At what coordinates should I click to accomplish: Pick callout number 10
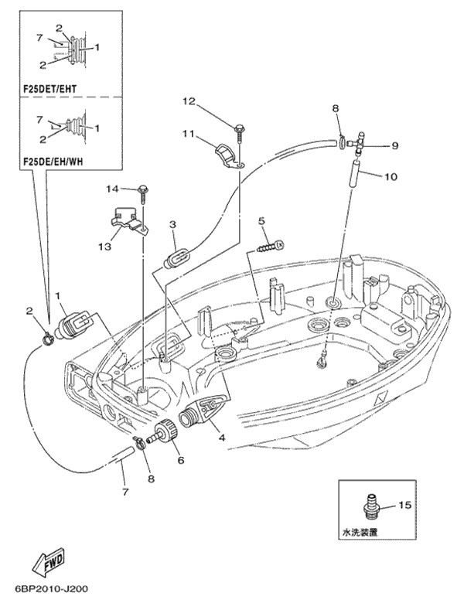[x=390, y=176]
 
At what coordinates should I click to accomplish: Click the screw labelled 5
[x=271, y=247]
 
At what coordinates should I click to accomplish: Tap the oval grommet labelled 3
[x=176, y=256]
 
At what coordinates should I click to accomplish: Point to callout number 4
[x=222, y=438]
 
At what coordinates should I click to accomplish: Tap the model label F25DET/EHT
[x=49, y=88]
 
